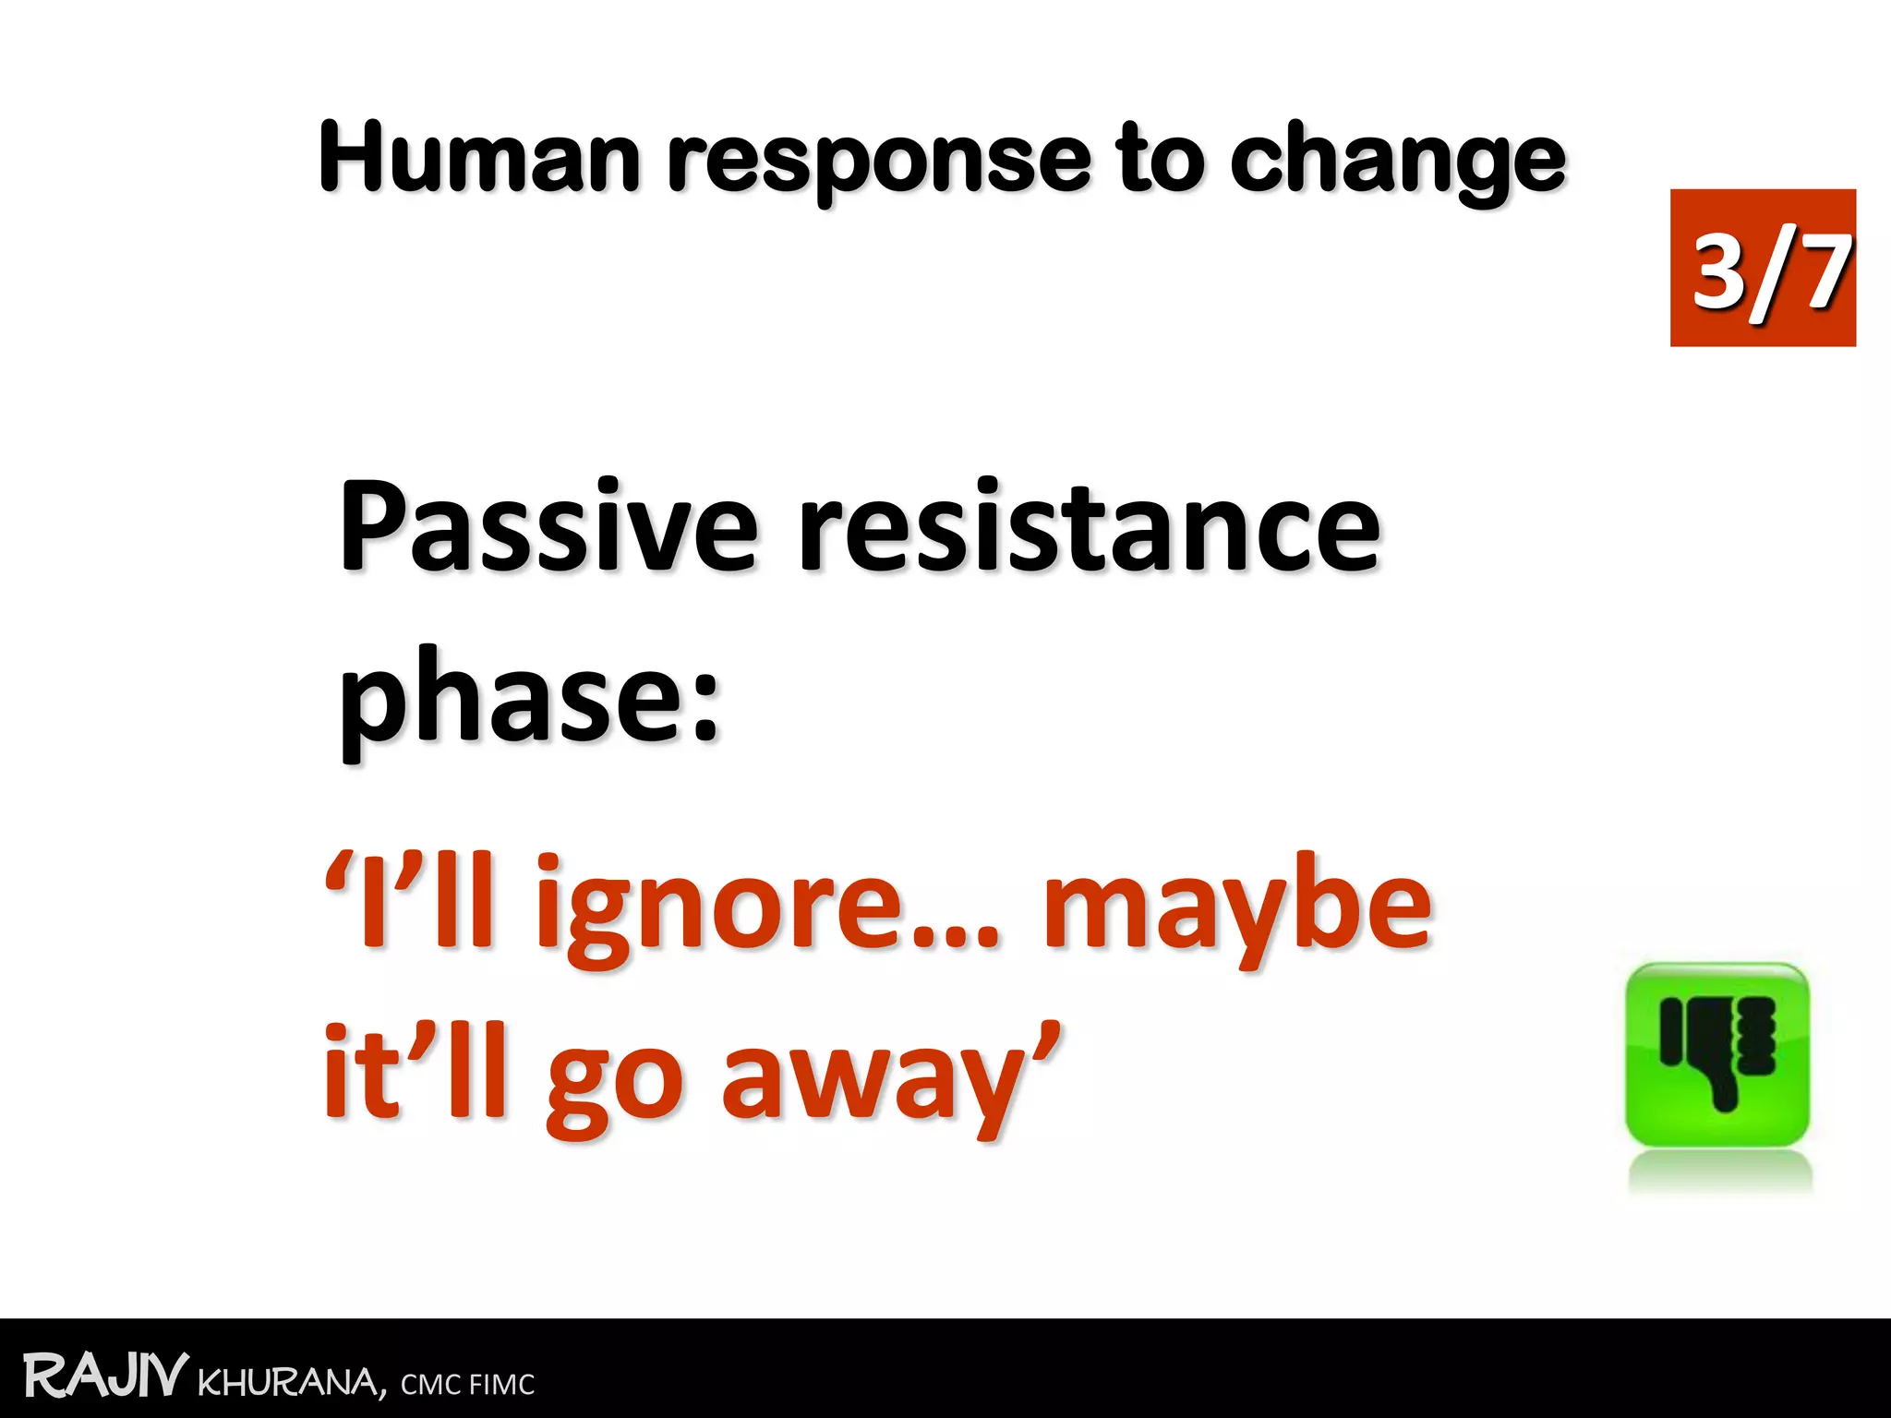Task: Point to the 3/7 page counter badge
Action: pos(1762,269)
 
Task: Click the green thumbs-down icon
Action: pos(1716,1054)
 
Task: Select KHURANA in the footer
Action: pos(291,1383)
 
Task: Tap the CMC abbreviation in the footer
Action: pos(430,1385)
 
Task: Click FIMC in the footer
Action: pos(501,1385)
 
